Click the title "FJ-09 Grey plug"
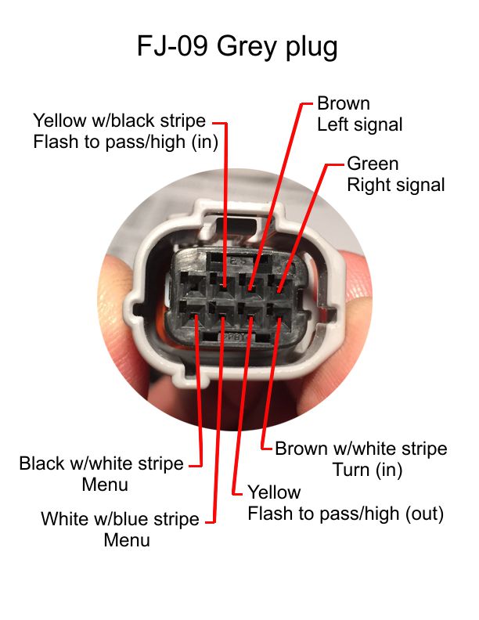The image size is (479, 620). tap(237, 47)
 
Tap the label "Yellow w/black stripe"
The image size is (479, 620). tap(119, 121)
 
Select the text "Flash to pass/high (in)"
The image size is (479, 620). tap(126, 142)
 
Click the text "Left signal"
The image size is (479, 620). tap(360, 124)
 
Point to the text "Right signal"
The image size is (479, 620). tap(395, 185)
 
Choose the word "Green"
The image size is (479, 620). tap(373, 164)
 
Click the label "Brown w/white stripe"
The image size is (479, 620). tap(361, 449)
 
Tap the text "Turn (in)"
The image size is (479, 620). tap(368, 470)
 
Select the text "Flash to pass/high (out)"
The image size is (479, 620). tap(346, 514)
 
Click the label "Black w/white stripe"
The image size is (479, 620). tap(101, 463)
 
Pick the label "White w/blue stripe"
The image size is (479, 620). tap(120, 519)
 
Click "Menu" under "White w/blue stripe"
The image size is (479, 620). tap(127, 540)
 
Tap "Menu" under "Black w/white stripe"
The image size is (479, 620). tap(105, 485)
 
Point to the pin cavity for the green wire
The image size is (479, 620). tap(279, 286)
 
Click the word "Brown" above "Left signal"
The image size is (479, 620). tap(344, 103)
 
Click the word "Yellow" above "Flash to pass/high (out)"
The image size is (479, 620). tap(274, 492)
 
